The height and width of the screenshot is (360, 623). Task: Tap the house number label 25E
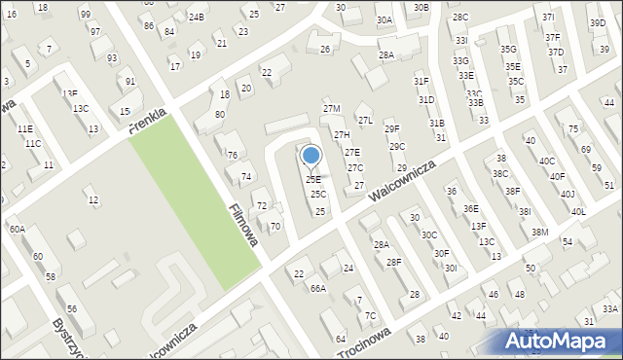[x=312, y=179]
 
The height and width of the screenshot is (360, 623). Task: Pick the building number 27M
[x=332, y=109]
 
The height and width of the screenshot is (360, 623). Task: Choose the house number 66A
[x=317, y=289]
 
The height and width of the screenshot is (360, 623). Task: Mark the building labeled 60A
[x=18, y=229]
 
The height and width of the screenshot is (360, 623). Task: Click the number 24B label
[x=197, y=18]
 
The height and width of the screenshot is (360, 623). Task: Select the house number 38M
[x=539, y=233]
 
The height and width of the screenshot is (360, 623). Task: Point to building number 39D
[x=597, y=23]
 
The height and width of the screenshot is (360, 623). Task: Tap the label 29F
[x=391, y=129]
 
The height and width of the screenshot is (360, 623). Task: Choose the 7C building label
[x=370, y=316]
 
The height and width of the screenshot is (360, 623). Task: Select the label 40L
[x=578, y=211]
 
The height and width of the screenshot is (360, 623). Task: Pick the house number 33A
[x=609, y=308]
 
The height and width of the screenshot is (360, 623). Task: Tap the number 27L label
[x=365, y=121]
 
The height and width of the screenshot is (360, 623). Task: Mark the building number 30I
[x=450, y=268]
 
